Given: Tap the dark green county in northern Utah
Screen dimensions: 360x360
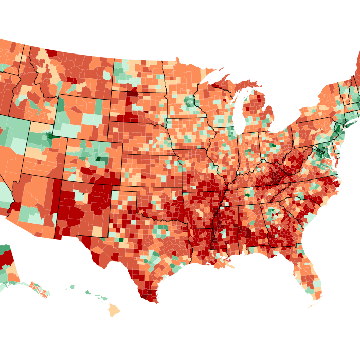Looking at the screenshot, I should (x=50, y=137).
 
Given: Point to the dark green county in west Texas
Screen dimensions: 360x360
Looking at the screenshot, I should (x=121, y=239).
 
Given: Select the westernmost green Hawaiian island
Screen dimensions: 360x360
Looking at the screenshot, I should (x=73, y=287).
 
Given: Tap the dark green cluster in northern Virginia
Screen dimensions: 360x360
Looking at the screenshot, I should (x=321, y=152).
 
